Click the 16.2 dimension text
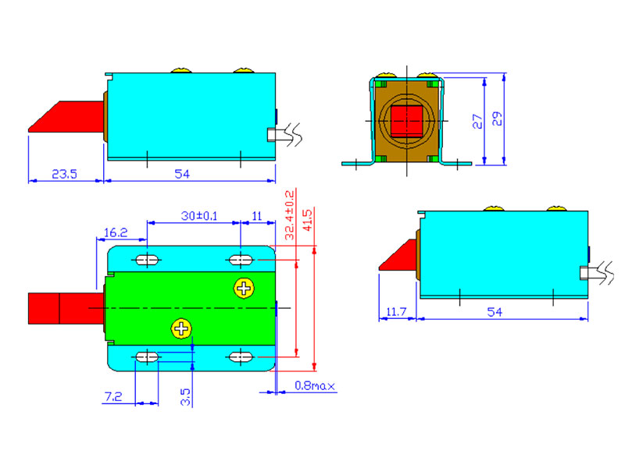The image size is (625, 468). point(115,232)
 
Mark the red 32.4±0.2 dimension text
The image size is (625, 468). point(290,214)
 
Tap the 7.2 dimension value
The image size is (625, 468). point(112,397)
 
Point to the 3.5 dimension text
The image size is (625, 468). point(185,397)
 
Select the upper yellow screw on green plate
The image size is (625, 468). point(244,289)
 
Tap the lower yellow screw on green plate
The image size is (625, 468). point(182,328)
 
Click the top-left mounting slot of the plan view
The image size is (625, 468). point(147,259)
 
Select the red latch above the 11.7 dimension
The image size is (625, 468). point(398,258)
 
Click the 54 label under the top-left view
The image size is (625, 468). point(182,175)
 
